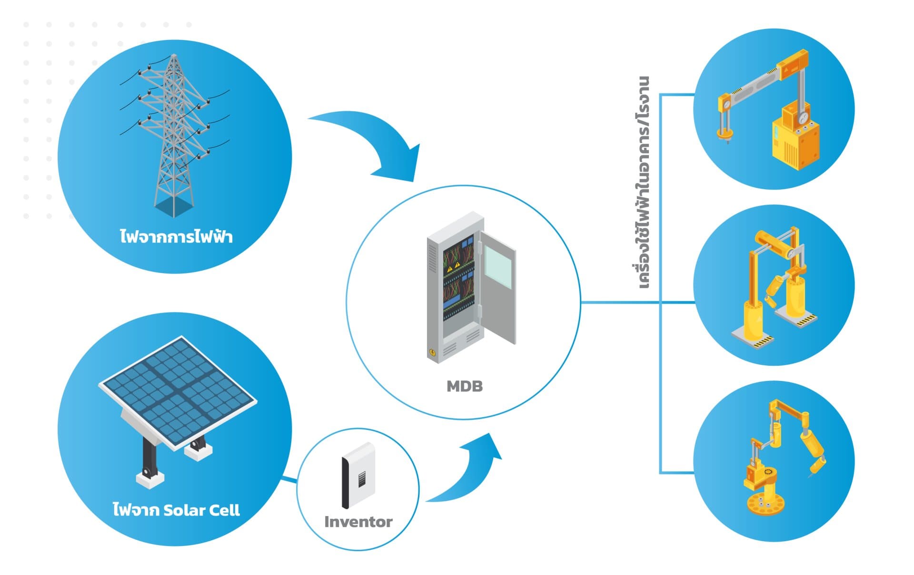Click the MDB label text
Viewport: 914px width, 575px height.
(464, 386)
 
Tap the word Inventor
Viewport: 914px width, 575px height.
(358, 522)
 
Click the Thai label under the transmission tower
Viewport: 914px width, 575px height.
(176, 236)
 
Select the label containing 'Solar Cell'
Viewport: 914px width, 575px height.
(176, 510)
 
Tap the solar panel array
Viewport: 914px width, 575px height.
(177, 390)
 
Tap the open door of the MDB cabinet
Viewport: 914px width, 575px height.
(497, 285)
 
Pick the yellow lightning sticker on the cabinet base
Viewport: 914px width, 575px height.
(432, 352)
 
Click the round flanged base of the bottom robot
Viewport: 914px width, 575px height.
(766, 504)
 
